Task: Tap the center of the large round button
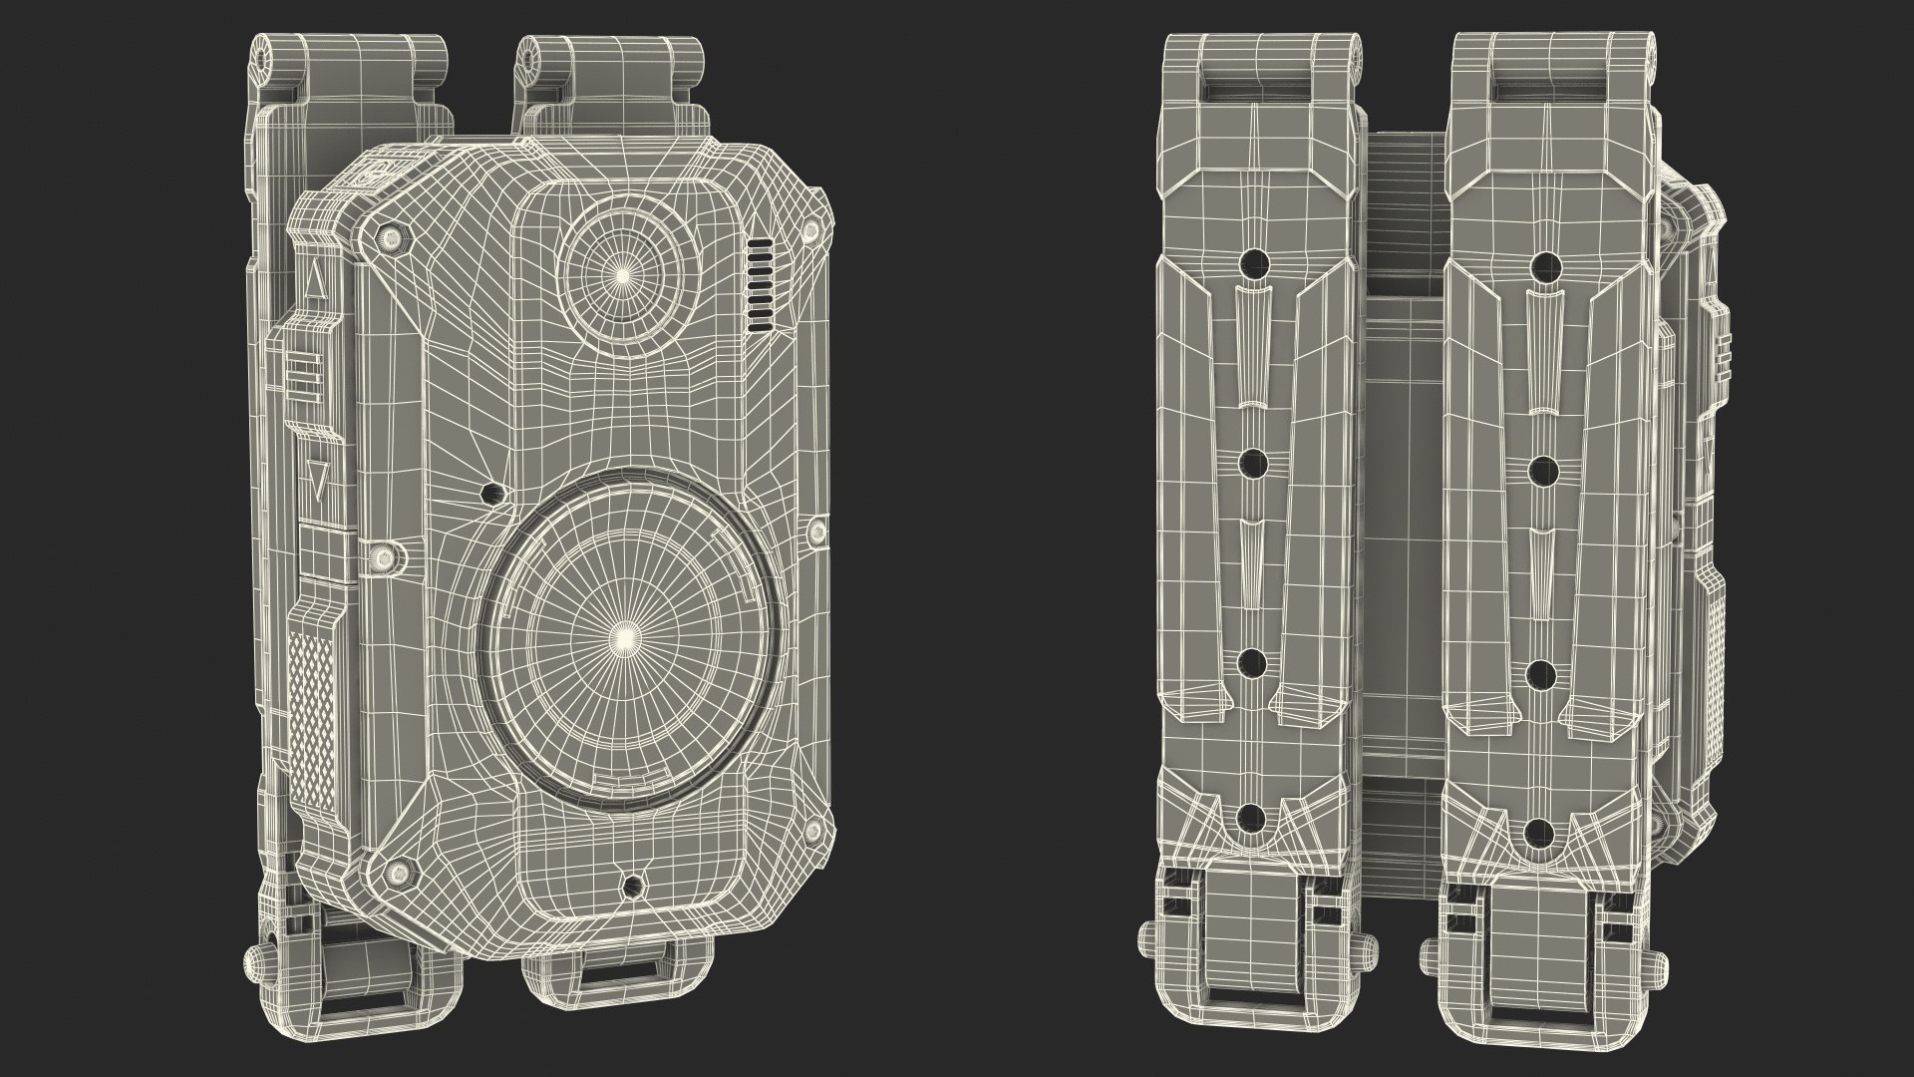pyautogui.click(x=625, y=634)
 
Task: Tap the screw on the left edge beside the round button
pyautogui.click(x=382, y=554)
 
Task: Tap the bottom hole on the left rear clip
pyautogui.click(x=1252, y=818)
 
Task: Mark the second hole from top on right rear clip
pyautogui.click(x=1543, y=467)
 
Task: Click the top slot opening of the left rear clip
pyautogui.click(x=1255, y=89)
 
